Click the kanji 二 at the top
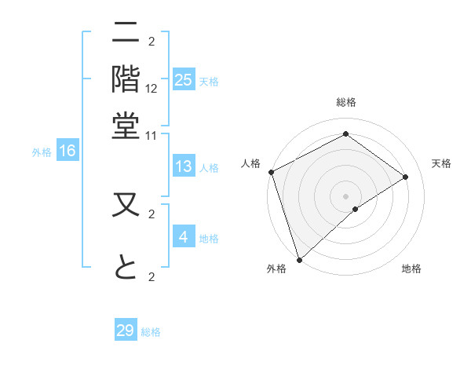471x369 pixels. click(x=126, y=34)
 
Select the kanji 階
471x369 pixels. click(x=126, y=79)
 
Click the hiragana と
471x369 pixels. click(x=126, y=267)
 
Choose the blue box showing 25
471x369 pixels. click(x=184, y=80)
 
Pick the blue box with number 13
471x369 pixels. click(x=184, y=166)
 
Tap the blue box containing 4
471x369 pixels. click(x=184, y=237)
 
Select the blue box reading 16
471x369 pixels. click(x=68, y=151)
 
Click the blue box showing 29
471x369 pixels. click(x=126, y=330)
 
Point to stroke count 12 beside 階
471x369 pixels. click(x=152, y=89)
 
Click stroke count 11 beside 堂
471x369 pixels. click(x=152, y=135)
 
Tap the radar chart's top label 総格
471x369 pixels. click(x=346, y=103)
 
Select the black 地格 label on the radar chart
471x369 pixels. click(x=411, y=269)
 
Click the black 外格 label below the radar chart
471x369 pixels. click(x=276, y=269)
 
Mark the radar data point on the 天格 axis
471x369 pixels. click(x=406, y=177)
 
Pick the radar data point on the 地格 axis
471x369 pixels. click(x=356, y=209)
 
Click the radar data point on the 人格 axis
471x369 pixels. click(x=271, y=172)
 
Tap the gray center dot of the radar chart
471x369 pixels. click(x=346, y=195)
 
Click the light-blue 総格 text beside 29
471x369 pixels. click(x=151, y=332)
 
